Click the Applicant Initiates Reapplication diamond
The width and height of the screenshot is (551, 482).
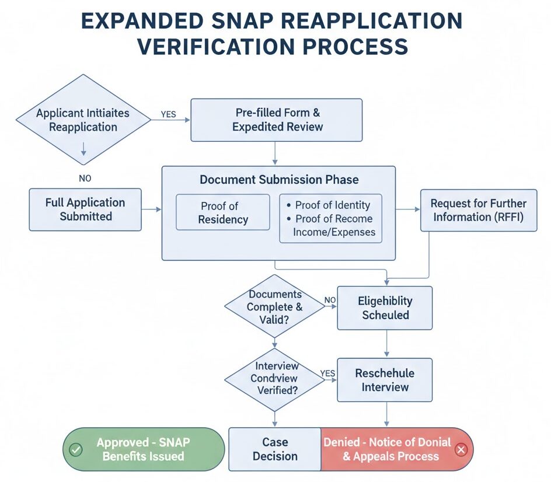point(83,120)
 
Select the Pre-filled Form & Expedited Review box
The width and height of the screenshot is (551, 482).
point(277,120)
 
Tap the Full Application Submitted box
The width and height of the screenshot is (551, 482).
point(85,209)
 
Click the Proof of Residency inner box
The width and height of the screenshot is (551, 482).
point(223,212)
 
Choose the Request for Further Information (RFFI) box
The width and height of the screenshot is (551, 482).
point(478,210)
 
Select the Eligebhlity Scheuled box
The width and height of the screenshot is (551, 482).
point(385,308)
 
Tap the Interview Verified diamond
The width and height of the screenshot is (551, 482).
point(274,379)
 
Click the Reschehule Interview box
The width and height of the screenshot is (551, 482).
point(385,380)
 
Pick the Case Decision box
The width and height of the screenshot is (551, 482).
point(274,449)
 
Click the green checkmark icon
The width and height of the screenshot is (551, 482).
point(76,450)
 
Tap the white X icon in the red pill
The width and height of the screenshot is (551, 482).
point(461,450)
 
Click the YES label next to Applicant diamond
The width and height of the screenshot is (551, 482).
point(168,114)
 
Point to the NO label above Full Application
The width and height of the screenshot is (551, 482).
point(85,179)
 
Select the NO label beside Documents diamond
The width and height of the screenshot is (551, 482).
point(330,301)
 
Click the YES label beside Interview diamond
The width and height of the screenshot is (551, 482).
point(327,373)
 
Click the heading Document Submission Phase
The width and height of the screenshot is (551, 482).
point(279,180)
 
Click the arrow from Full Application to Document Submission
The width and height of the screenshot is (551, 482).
point(151,209)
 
